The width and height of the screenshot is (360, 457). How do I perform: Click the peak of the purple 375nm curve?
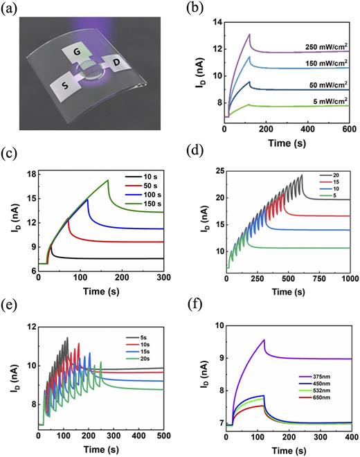click(264, 340)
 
